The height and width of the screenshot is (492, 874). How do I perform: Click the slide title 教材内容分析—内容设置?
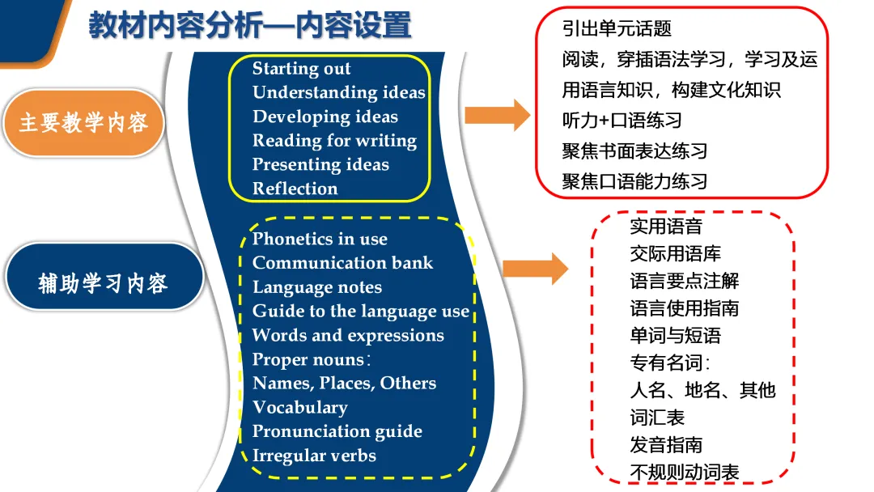250,27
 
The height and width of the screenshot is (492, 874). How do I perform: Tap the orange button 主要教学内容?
83,123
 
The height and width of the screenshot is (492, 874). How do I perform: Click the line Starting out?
302,69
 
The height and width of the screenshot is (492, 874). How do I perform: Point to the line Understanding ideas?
339,92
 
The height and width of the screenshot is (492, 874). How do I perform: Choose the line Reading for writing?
334,141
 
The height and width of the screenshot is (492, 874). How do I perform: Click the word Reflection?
295,189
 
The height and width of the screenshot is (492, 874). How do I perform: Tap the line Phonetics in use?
320,239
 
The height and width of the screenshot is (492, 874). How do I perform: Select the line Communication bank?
342,263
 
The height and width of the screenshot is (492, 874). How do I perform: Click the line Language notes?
317,287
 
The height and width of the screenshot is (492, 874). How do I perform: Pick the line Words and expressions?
348,335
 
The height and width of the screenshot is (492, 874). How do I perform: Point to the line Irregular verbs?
314,456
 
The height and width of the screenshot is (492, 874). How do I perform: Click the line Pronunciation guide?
337,431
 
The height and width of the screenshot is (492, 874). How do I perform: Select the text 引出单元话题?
617,28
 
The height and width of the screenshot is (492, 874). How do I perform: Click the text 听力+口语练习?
622,120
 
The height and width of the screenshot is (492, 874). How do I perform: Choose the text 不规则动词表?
685,473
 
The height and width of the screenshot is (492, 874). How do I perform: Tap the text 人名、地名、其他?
702,390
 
